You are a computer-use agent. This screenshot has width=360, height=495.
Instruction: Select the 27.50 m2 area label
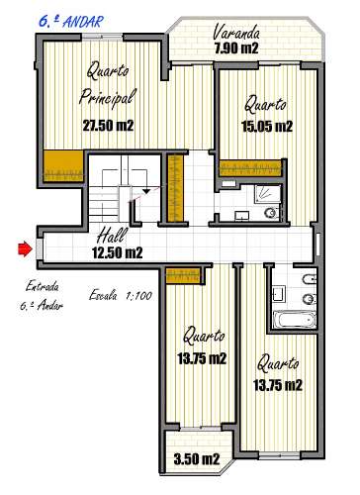108,126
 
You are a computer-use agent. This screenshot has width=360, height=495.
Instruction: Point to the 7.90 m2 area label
238,47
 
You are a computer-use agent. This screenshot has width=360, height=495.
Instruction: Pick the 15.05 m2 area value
267,126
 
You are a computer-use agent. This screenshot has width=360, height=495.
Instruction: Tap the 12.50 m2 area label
118,252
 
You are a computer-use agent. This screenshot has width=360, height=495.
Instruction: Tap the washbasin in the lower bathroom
278,293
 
